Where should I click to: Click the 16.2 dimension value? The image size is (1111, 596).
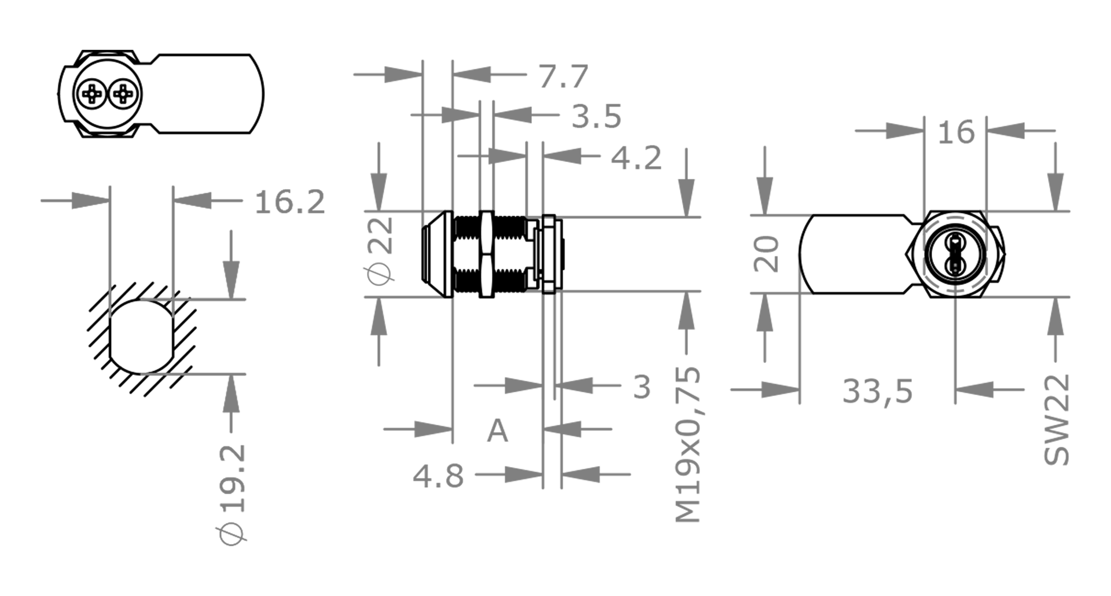[290, 202]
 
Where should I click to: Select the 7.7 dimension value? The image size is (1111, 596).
[564, 76]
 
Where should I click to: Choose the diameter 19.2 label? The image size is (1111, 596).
[233, 494]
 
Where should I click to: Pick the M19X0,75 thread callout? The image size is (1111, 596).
[689, 444]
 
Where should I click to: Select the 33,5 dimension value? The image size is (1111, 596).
[877, 391]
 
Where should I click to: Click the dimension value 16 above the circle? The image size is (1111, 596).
[956, 132]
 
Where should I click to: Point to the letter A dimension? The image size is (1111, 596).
[497, 431]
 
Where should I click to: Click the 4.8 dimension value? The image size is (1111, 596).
[438, 477]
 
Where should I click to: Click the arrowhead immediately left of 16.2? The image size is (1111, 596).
[192, 201]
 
